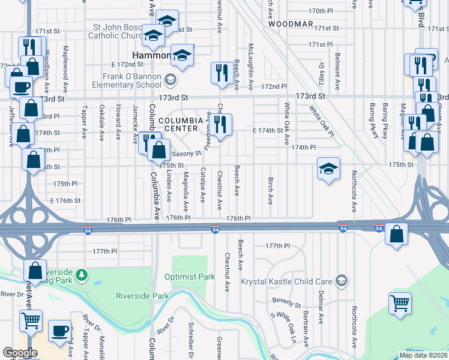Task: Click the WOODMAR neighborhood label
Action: pyautogui.click(x=291, y=25)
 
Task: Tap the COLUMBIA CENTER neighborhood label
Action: pyautogui.click(x=181, y=124)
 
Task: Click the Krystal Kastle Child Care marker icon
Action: pyautogui.click(x=342, y=281)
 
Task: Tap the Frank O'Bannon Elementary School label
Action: pyautogui.click(x=126, y=80)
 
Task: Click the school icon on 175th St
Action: pyautogui.click(x=329, y=169)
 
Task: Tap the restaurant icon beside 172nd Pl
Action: pyautogui.click(x=222, y=73)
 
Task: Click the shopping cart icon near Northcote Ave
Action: pyautogui.click(x=400, y=303)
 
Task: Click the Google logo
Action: pyautogui.click(x=20, y=353)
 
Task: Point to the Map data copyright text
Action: pyautogui.click(x=423, y=355)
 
